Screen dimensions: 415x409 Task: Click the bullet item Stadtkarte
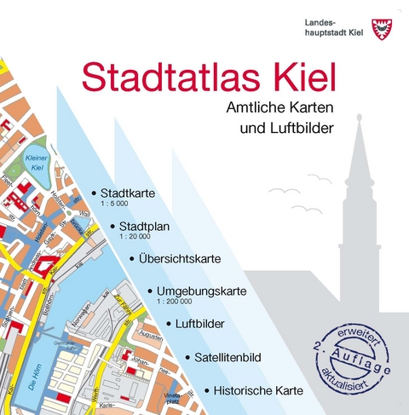[x=127, y=193]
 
